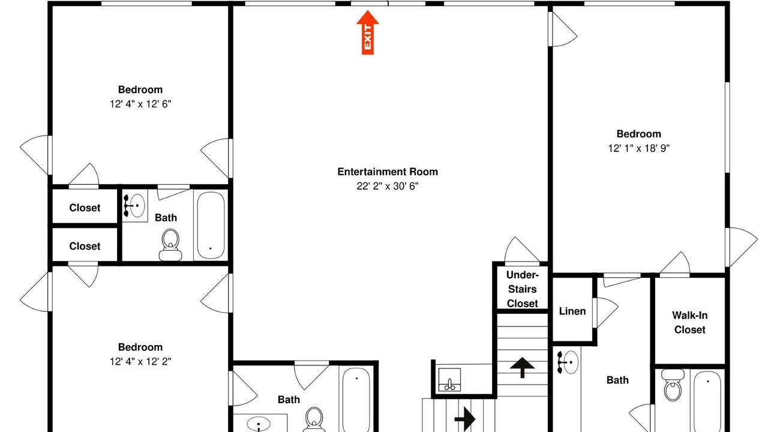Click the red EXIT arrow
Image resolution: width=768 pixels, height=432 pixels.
[x=368, y=32]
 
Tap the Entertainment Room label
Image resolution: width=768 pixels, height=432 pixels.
[x=388, y=172]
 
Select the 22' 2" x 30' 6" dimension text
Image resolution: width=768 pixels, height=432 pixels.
[x=388, y=186]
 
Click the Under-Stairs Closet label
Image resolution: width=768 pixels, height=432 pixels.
[x=522, y=289]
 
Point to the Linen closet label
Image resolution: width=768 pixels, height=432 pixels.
[x=572, y=311]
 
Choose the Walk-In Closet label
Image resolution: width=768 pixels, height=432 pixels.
[x=689, y=322]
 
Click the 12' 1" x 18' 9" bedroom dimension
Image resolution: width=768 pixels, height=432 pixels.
[x=639, y=148]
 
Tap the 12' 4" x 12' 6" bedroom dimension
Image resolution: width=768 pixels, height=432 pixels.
[x=140, y=104]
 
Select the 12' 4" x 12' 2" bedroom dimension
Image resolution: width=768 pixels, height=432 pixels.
[x=140, y=361]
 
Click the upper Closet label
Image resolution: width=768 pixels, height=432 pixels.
[x=85, y=208]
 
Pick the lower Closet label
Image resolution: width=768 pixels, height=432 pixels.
[x=85, y=246]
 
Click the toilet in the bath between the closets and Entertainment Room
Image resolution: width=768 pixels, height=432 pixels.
[x=170, y=245]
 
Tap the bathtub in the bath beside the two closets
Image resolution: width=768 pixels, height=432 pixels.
[x=211, y=224]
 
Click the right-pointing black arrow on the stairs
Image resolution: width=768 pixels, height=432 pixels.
[x=464, y=419]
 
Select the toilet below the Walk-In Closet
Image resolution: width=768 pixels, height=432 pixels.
[x=673, y=385]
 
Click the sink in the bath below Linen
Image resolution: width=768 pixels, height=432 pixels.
[x=568, y=362]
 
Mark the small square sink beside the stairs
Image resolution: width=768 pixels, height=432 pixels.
[x=449, y=380]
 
